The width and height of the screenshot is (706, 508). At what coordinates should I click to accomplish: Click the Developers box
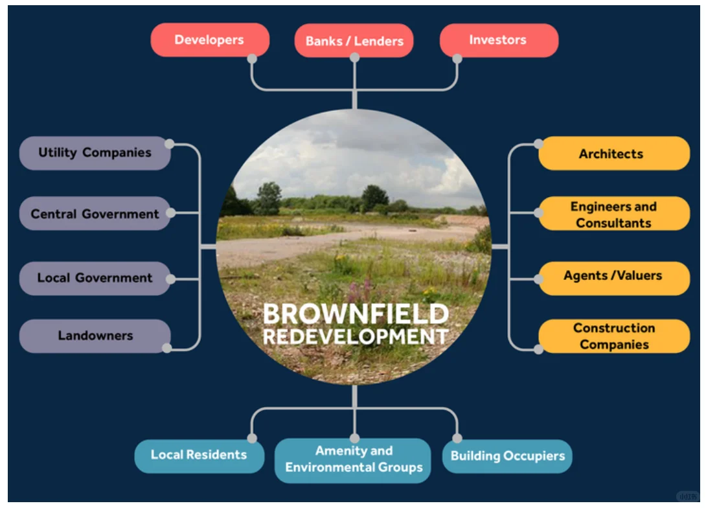209,40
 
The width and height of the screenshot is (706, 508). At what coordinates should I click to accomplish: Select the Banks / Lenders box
354,41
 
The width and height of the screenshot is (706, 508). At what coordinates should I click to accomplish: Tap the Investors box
497,40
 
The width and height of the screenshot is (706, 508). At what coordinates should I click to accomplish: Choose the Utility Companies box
95,153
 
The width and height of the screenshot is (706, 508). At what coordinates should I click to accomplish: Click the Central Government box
95,213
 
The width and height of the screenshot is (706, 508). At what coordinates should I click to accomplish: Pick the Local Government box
95,278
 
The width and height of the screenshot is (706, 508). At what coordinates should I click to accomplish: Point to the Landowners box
95,336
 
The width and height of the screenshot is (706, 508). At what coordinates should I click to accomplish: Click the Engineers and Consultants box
613,214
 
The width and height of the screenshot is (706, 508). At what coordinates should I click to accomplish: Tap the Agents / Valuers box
613,276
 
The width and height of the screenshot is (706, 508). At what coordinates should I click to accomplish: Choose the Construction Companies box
613,336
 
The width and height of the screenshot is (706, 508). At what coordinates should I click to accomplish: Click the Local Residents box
199,455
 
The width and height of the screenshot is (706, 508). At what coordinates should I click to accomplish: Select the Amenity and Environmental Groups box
354,459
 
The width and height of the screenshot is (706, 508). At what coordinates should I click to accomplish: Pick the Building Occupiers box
507,456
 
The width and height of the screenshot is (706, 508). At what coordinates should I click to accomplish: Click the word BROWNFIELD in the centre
355,314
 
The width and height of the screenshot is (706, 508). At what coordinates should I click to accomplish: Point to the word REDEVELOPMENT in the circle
355,337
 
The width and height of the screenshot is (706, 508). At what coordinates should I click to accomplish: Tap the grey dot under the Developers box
252,58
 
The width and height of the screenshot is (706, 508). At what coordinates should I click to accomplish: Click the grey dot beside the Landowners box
167,348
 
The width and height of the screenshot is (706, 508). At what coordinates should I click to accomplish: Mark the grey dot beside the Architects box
539,143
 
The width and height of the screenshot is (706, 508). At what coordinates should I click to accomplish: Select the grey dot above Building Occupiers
457,438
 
